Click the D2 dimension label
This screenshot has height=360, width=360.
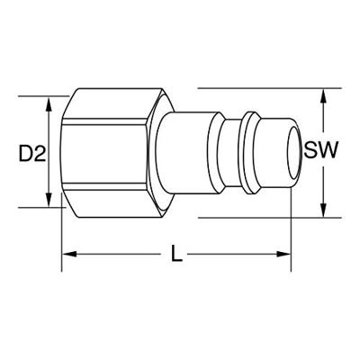coord(32,153)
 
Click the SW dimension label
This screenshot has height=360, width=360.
coord(320,149)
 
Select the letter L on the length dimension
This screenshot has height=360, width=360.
coord(176,254)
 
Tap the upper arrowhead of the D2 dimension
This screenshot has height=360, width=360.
coord(49,104)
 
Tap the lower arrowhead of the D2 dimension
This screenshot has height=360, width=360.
coord(49,200)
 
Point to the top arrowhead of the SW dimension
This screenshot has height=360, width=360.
coord(323,96)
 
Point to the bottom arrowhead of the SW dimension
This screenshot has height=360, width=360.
coord(323,210)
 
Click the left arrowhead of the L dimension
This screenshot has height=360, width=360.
coord(69,254)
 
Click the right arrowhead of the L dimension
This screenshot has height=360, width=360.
coord(283,254)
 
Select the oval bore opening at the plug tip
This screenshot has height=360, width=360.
coord(293,153)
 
